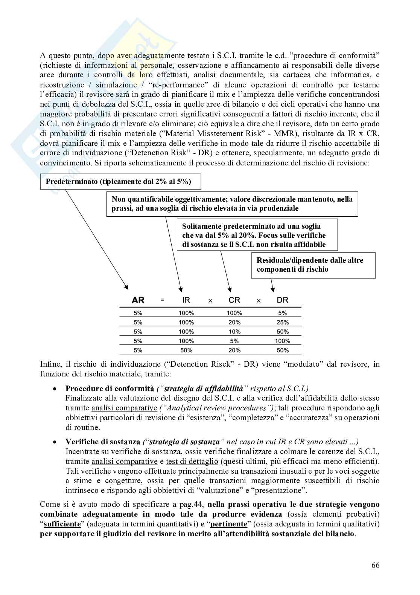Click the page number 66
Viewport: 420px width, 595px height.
tap(375, 565)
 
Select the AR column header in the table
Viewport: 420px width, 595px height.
tap(138, 300)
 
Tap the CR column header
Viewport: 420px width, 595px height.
tap(234, 300)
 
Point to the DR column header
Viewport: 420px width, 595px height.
tap(282, 300)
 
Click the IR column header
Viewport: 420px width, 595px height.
tap(186, 300)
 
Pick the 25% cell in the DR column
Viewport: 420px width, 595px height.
tap(282, 322)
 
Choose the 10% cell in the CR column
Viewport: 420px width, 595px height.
tap(234, 332)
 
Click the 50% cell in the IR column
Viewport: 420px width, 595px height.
tap(186, 350)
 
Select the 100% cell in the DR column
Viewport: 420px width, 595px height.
tap(282, 341)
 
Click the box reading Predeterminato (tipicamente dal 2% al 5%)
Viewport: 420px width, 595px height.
tap(120, 182)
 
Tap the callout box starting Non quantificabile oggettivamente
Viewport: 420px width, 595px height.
tap(232, 204)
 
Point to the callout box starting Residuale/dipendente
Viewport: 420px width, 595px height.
tap(313, 265)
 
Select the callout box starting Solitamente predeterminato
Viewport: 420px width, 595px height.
tap(257, 236)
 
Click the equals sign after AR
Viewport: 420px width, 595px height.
tap(163, 300)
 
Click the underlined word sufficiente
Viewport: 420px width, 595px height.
tap(62, 524)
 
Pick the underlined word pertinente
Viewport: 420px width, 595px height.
tap(228, 524)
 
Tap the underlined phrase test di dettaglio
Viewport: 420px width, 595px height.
tap(192, 461)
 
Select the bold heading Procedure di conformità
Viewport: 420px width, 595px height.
tap(110, 388)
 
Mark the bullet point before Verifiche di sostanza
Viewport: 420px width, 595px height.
tap(55, 442)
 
